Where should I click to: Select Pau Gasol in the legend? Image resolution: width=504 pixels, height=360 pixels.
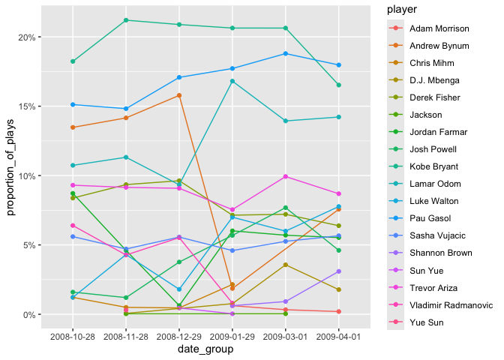pyautogui.click(x=427, y=218)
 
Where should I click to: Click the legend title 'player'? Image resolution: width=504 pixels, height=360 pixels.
pyautogui.click(x=392, y=10)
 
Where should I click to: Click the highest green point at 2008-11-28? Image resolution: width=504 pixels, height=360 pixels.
pyautogui.click(x=126, y=20)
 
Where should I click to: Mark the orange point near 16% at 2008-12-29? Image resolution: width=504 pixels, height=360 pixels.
pyautogui.click(x=179, y=95)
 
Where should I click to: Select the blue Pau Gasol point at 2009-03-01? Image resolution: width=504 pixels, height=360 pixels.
pyautogui.click(x=285, y=53)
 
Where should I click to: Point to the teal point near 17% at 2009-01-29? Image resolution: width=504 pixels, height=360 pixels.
pyautogui.click(x=232, y=81)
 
